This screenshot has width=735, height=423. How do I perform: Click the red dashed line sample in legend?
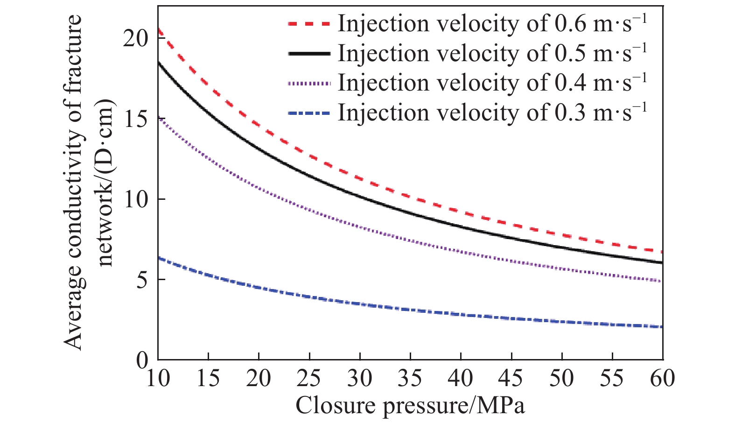pos(309,23)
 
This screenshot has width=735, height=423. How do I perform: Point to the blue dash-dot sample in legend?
pos(309,113)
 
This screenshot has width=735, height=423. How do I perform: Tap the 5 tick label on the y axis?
pos(142,280)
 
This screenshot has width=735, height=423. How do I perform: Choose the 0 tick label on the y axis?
pos(142,360)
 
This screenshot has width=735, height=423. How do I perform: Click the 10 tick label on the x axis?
pos(158,378)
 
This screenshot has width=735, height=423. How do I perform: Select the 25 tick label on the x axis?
pos(309,378)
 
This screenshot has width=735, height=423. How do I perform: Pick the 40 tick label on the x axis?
pos(461,378)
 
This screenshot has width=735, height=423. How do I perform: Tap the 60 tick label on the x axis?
pos(663,378)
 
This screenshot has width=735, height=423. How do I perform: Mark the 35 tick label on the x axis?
pos(410,378)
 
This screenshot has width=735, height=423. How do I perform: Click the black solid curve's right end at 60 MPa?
pos(662,262)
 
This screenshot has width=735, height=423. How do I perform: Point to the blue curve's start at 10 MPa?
pos(159,258)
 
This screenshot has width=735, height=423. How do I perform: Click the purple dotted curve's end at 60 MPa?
pos(662,281)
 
